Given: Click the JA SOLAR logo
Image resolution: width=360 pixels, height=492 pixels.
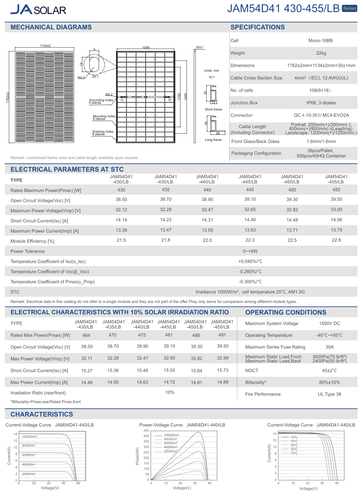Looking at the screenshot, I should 38,9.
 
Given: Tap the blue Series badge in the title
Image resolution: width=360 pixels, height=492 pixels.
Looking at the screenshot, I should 349,9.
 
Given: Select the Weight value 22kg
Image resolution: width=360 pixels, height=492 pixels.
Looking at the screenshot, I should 321,53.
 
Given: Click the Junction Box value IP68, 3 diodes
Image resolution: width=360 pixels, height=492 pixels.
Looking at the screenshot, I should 321,103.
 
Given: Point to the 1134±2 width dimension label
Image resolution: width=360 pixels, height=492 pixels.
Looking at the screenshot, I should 45,46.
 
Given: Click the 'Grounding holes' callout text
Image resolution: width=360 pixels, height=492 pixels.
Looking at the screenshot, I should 101,100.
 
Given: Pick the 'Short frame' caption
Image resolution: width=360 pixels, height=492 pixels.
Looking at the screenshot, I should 213,109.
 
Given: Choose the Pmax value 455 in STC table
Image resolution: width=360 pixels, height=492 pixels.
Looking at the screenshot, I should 336,190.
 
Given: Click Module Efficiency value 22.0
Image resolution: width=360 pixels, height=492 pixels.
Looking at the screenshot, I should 207,240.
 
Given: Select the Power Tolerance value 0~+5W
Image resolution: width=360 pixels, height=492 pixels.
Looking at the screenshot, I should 250,251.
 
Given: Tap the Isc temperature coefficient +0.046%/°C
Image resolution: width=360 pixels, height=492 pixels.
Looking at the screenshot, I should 250,261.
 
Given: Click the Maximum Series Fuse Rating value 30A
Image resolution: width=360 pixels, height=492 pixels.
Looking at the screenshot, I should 329,347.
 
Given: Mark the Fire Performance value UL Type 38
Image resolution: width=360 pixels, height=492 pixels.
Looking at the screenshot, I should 329,394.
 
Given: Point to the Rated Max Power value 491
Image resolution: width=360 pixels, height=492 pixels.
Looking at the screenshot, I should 222,335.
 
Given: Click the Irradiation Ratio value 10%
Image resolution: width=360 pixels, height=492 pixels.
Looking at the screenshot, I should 170,392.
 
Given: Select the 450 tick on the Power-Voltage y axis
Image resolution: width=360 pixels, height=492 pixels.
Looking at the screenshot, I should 146,430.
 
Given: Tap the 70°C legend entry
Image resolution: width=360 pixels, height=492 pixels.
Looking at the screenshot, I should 294,453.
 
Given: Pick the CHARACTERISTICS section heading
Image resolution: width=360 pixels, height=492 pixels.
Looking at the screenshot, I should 42,414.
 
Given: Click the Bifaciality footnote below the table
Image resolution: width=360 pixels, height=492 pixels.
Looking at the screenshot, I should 45,402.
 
